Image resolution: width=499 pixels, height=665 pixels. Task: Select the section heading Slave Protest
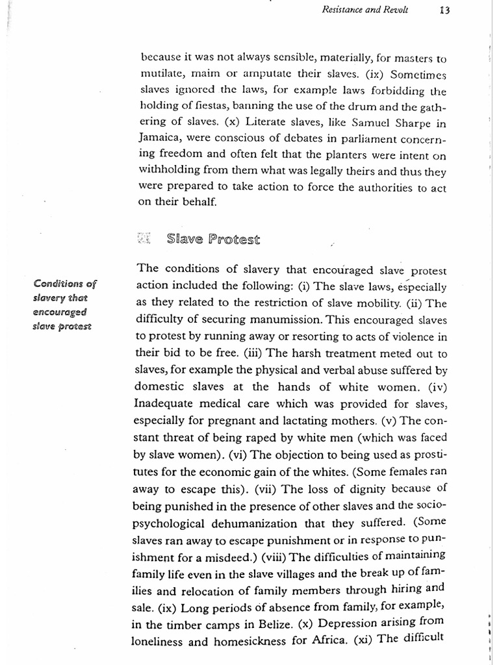[212, 240]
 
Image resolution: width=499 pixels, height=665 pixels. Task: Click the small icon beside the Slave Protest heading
[144, 240]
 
